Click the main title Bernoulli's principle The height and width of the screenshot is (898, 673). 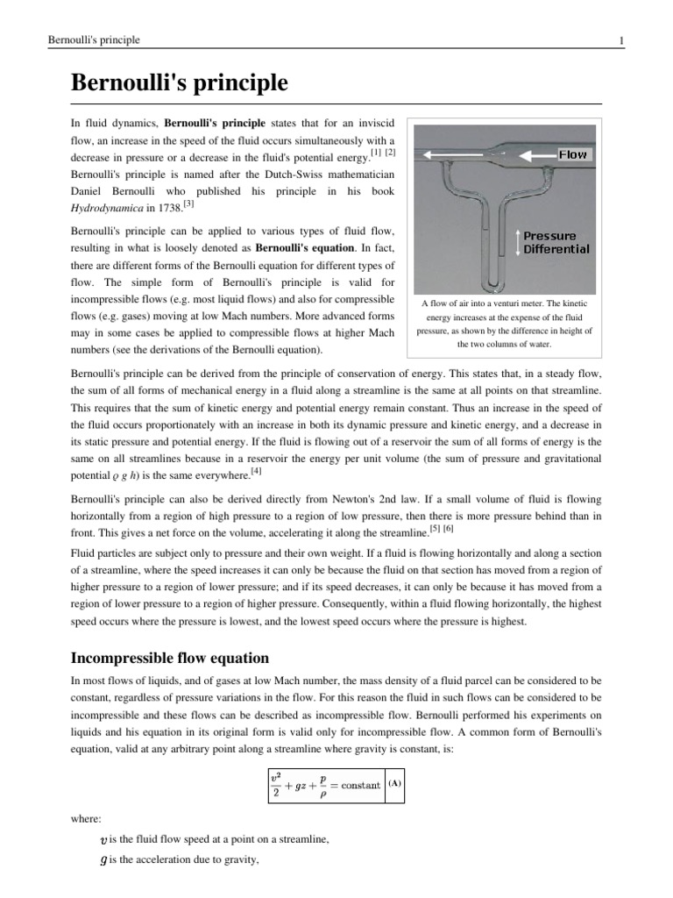click(179, 84)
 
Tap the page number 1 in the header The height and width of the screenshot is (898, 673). click(620, 40)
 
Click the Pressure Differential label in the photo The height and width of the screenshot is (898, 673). click(556, 242)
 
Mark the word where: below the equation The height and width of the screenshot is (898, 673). click(85, 821)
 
